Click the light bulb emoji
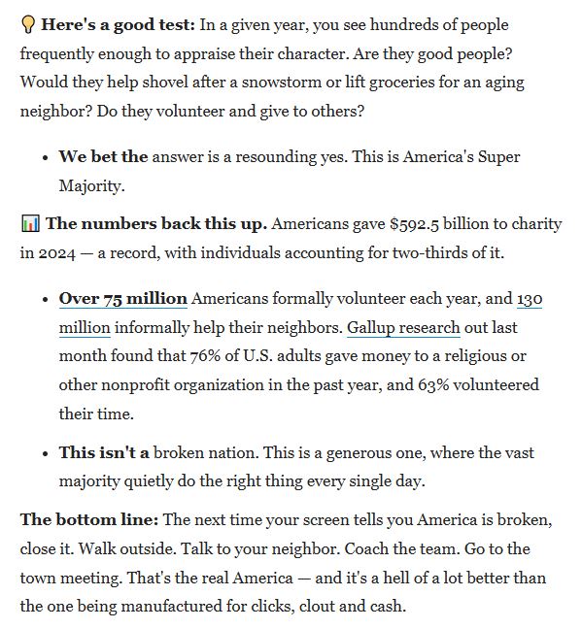(x=27, y=25)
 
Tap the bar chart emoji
(x=29, y=224)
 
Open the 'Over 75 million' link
(x=122, y=299)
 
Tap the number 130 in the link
(x=530, y=299)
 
